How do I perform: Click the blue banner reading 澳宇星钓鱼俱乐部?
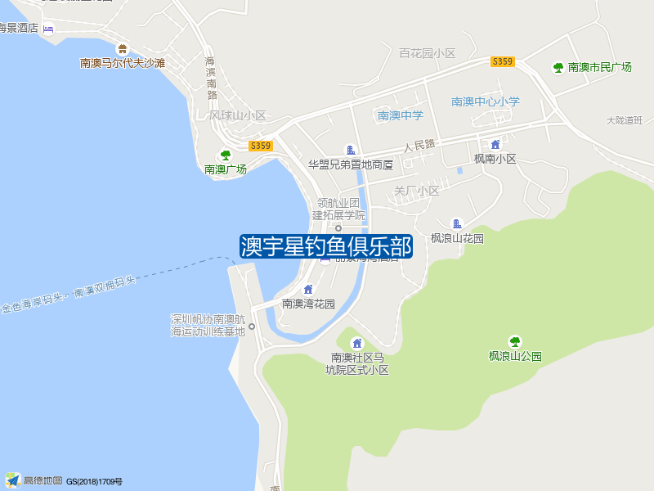click(x=326, y=246)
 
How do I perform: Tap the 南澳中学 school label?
click(x=400, y=115)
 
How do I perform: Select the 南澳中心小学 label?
click(x=486, y=101)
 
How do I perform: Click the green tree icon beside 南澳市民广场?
click(x=558, y=67)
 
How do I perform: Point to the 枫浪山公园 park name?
click(x=515, y=356)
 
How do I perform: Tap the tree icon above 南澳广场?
click(x=226, y=155)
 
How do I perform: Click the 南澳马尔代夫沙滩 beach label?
click(x=123, y=62)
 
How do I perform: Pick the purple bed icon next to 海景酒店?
click(x=48, y=29)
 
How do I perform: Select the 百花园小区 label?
click(x=427, y=53)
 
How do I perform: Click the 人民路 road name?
click(x=419, y=146)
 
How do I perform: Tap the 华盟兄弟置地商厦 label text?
click(x=351, y=164)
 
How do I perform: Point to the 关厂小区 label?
click(x=417, y=191)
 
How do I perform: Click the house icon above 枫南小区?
click(x=495, y=144)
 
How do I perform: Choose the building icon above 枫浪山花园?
click(x=457, y=223)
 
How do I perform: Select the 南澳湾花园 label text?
click(x=308, y=304)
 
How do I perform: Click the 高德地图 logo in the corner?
click(x=34, y=480)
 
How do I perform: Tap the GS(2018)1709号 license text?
click(x=94, y=481)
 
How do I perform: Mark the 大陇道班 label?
click(x=625, y=120)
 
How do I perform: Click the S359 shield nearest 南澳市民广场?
click(x=503, y=62)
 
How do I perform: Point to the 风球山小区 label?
click(x=238, y=115)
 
